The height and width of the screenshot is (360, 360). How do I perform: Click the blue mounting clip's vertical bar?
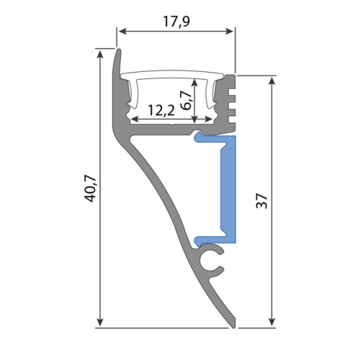coord(228,187)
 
